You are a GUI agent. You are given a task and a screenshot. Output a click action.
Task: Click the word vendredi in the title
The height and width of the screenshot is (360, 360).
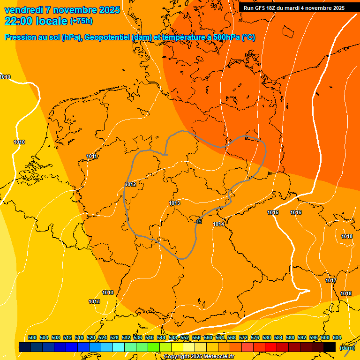23,10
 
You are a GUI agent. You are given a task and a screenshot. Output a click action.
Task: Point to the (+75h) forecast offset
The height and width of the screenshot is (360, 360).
81,21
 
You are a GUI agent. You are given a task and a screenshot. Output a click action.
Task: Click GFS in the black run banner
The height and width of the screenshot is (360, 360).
265,7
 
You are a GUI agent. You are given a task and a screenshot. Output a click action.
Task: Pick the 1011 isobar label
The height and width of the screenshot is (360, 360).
92,156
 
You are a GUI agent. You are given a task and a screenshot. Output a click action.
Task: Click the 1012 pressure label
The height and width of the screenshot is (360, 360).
130,184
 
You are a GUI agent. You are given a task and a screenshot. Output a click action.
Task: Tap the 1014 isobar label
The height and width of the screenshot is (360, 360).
218,224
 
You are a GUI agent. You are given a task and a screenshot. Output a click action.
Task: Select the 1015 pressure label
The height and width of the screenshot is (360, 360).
273,212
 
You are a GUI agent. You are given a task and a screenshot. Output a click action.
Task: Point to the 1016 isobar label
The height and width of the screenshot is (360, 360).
296,212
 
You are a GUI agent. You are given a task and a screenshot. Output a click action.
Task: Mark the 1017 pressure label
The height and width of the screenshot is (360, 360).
331,280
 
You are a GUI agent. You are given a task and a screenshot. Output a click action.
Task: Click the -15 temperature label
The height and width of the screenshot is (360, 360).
199,221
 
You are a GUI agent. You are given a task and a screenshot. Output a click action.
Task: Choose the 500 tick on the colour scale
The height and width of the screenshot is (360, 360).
32,337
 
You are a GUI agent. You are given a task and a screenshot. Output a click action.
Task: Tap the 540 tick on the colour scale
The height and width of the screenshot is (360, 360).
150,337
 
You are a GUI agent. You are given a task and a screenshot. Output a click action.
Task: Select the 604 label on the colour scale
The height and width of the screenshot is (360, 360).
337,337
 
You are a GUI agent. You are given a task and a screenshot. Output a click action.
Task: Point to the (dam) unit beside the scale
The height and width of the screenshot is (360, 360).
347,347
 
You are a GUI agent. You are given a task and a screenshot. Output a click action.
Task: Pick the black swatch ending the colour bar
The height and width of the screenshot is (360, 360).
330,347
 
